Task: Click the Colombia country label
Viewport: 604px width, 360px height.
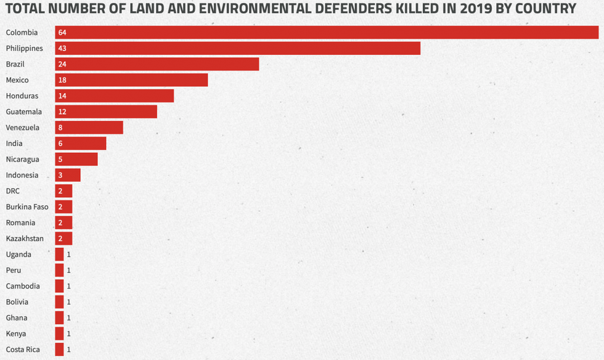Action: [x=22, y=32]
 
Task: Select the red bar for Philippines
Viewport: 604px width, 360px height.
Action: [x=237, y=48]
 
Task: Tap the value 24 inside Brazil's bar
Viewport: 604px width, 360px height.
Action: [x=62, y=64]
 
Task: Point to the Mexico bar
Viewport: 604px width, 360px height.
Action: [x=131, y=80]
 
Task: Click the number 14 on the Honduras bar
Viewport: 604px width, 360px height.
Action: [x=62, y=96]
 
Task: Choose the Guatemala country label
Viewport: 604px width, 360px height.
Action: [x=24, y=112]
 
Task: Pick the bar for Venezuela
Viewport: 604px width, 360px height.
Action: [x=89, y=128]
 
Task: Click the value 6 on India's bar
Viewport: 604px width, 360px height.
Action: [x=60, y=144]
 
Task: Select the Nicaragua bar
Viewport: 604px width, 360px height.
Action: [x=76, y=159]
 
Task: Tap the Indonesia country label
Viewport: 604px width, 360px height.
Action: [x=22, y=175]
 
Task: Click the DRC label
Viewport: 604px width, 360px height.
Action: [x=13, y=191]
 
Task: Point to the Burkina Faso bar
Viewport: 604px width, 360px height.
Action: [x=63, y=207]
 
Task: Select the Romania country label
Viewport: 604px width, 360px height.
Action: [x=20, y=223]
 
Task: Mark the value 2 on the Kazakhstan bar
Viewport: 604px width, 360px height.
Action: [x=60, y=239]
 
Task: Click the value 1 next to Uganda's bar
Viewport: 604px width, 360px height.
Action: [x=69, y=255]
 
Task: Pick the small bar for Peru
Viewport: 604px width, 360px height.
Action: [x=59, y=270]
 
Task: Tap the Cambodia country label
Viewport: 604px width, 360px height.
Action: [x=23, y=286]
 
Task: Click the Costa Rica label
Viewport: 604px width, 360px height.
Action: [x=23, y=350]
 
